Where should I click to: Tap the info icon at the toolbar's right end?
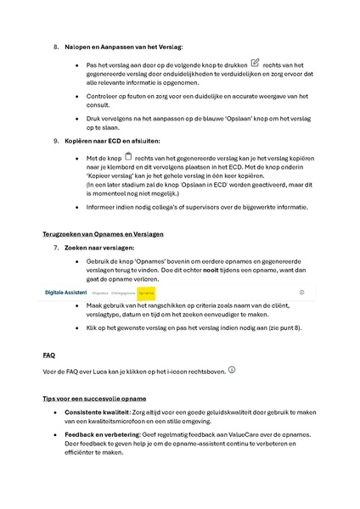coord(301,291)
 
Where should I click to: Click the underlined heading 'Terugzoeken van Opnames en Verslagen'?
coord(103,232)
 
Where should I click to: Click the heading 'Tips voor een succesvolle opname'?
coord(94,398)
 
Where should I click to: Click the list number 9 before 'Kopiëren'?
coord(56,139)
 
